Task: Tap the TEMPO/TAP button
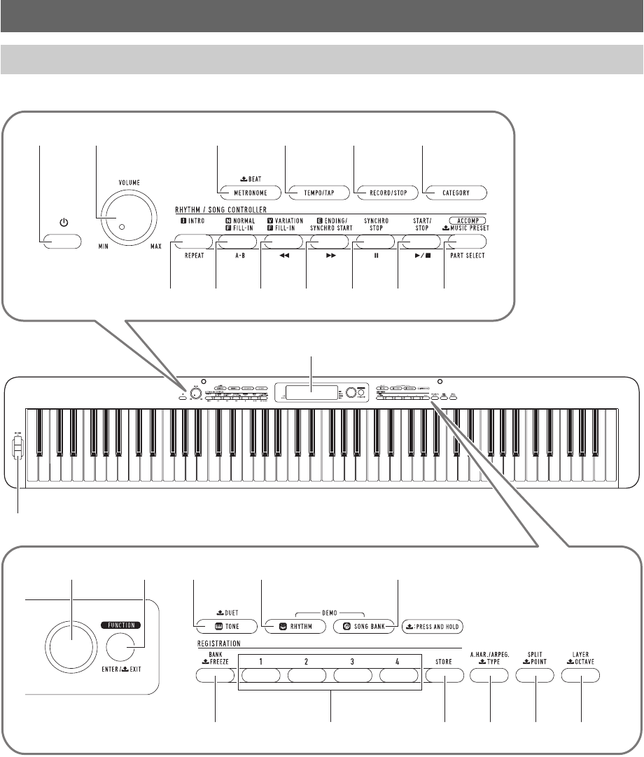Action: click(x=316, y=191)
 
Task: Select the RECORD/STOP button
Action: click(x=385, y=191)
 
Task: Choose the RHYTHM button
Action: click(x=290, y=625)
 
